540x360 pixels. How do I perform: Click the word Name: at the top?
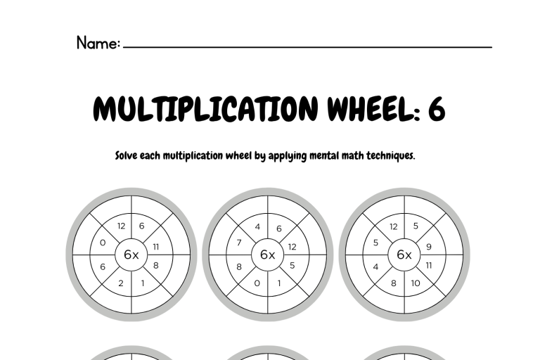(98, 43)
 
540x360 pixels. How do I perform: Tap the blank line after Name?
(307, 46)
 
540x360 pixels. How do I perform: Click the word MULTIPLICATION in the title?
(205, 108)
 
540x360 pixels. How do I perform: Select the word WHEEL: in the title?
(373, 108)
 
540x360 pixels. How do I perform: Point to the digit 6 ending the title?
(437, 109)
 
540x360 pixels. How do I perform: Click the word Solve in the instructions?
(127, 155)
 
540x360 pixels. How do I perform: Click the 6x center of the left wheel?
(131, 255)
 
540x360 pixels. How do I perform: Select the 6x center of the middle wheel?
(268, 255)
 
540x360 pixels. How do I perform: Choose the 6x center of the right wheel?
(404, 255)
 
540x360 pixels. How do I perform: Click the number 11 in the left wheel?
(156, 247)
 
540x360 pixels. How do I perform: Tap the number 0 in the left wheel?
(103, 243)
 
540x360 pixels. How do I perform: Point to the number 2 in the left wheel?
(120, 283)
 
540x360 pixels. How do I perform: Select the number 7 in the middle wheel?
(239, 243)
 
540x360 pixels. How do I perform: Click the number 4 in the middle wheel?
(257, 226)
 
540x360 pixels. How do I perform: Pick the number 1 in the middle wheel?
(279, 283)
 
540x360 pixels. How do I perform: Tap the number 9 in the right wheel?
(429, 247)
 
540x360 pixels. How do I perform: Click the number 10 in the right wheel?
(416, 283)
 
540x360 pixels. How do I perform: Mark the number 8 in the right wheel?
(394, 283)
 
